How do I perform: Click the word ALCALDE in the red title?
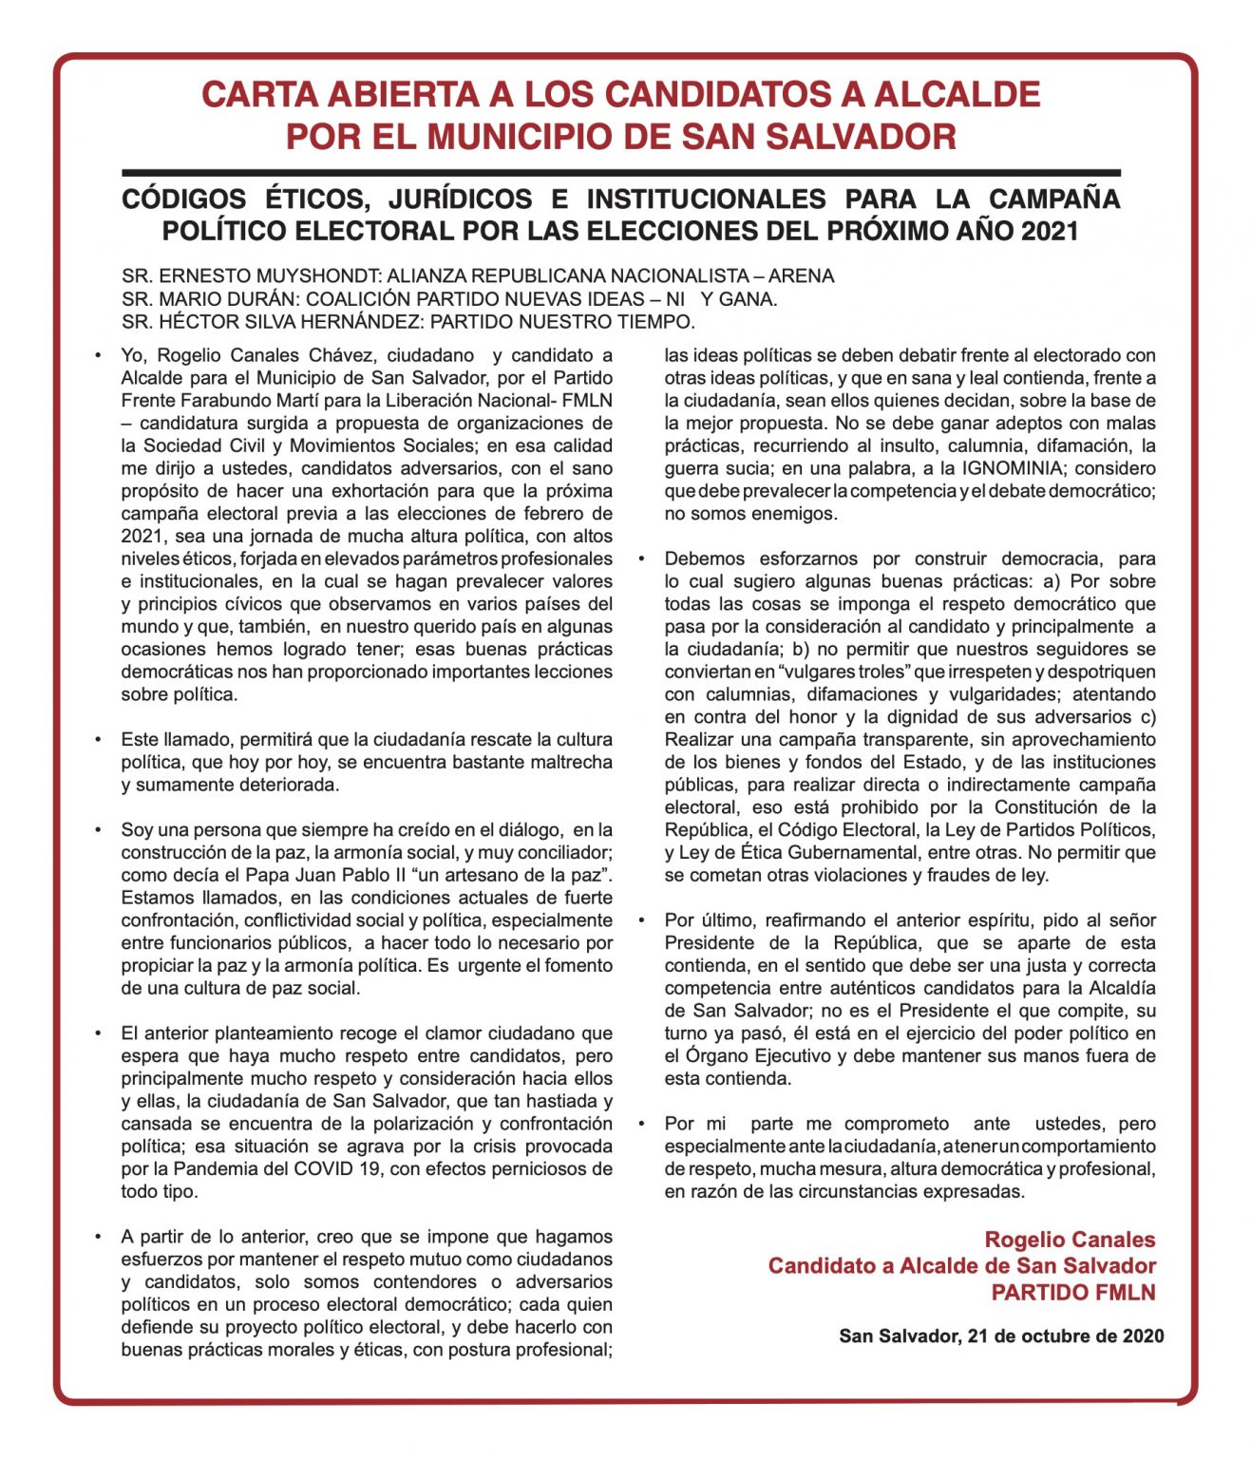pyautogui.click(x=957, y=94)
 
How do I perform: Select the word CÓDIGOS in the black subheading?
pyautogui.click(x=184, y=199)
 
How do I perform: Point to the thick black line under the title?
pyautogui.click(x=621, y=174)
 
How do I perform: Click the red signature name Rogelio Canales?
pyautogui.click(x=1070, y=1240)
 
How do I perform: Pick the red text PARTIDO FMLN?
pyautogui.click(x=1073, y=1293)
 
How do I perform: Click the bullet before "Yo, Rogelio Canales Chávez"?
pyautogui.click(x=98, y=356)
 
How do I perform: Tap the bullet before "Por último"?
pyautogui.click(x=642, y=920)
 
